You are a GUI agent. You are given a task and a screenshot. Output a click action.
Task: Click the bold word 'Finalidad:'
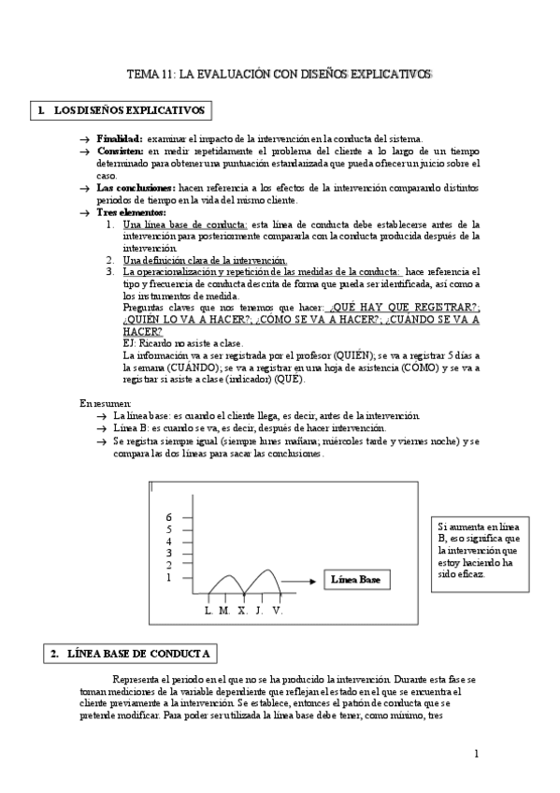[x=120, y=138]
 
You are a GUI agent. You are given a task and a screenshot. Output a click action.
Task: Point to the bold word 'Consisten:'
[x=121, y=151]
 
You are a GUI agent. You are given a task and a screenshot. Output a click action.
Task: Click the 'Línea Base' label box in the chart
[x=356, y=581]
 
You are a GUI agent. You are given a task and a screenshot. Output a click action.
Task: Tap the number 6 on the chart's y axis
[x=169, y=517]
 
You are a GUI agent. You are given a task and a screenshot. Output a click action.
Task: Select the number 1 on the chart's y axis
[x=169, y=578]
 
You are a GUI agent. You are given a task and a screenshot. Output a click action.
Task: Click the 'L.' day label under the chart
[x=208, y=610]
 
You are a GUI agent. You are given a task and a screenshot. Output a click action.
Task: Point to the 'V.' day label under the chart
[x=278, y=610]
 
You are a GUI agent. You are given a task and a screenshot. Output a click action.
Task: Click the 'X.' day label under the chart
[x=242, y=610]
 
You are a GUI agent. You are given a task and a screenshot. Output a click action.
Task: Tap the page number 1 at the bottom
[x=476, y=753]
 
